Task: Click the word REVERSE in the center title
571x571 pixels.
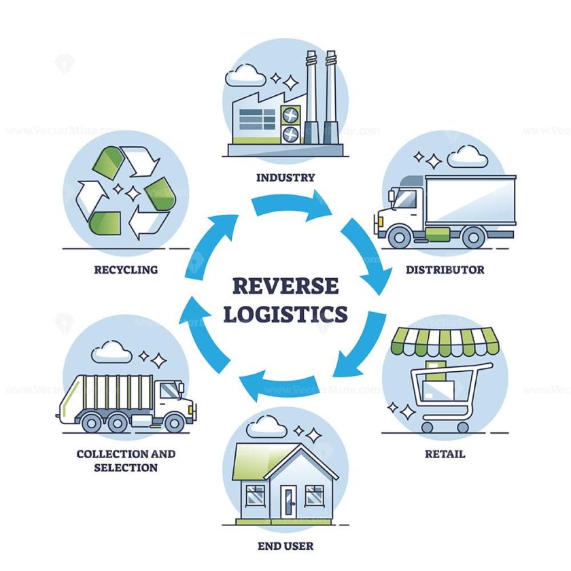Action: [x=285, y=285]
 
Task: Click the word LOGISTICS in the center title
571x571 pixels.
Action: [x=285, y=315]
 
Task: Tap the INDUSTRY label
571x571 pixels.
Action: [x=285, y=178]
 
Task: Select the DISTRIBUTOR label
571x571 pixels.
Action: [x=445, y=270]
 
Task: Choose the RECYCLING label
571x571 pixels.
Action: [x=126, y=270]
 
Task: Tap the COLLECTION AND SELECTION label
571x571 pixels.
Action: [x=126, y=461]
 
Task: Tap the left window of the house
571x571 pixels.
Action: [x=256, y=496]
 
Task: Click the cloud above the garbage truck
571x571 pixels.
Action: [x=110, y=351]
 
